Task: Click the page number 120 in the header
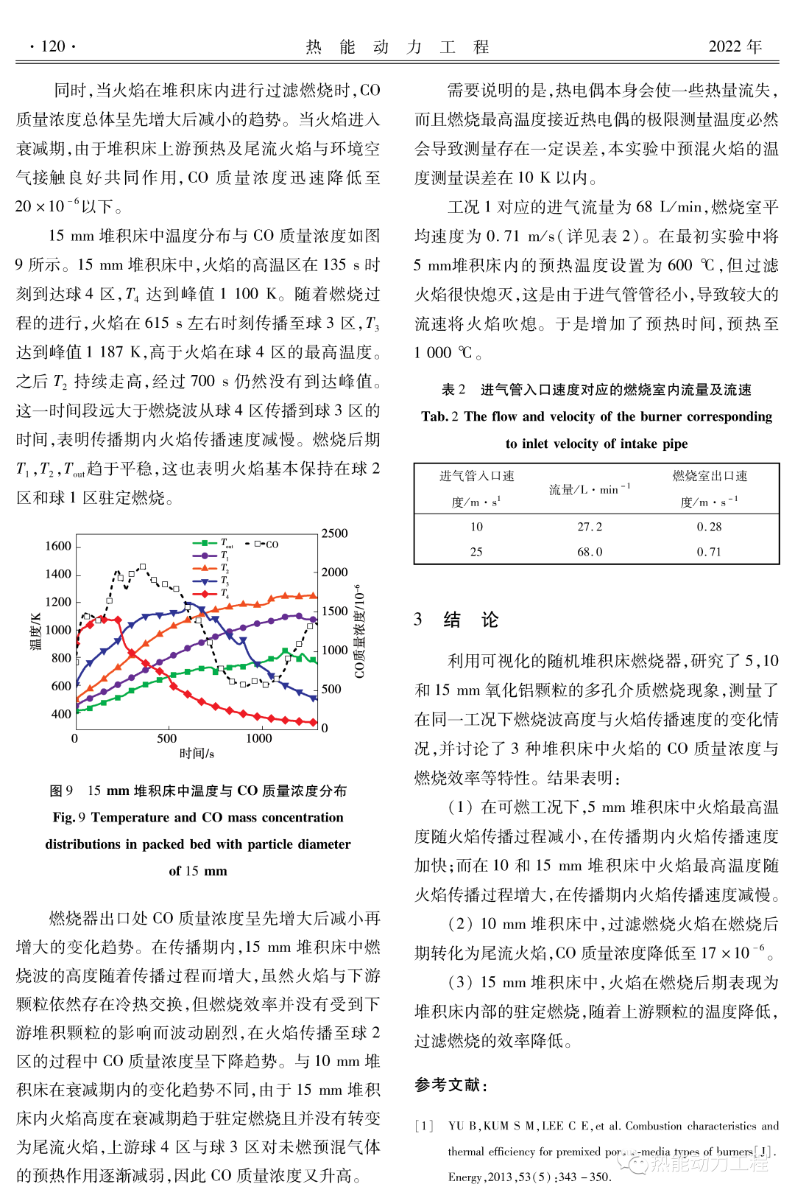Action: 53,46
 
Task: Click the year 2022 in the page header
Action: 724,46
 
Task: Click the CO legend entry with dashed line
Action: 267,544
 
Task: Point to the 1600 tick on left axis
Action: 58,546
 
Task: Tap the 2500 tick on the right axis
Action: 334,533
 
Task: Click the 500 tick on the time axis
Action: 167,738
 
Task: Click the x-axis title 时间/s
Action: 197,754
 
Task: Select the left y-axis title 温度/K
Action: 35,631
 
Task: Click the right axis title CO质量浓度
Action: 358,632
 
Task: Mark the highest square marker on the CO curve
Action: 143,567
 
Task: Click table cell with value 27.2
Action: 590,527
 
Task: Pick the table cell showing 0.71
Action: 709,552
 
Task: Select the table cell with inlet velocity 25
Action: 476,552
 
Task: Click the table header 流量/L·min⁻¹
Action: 590,489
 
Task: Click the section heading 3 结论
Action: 456,620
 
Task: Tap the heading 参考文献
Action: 451,1085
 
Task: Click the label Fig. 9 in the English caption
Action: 69,817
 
